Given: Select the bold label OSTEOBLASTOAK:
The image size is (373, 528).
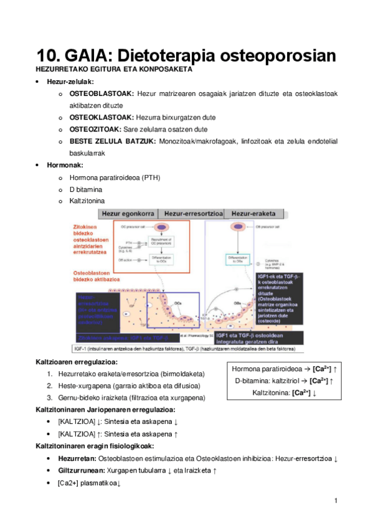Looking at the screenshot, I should click(x=102, y=93).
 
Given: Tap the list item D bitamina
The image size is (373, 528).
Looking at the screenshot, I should click(x=87, y=189).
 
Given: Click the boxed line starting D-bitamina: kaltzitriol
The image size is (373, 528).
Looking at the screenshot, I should click(x=284, y=381).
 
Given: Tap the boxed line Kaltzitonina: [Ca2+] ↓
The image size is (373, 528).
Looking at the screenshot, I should click(x=284, y=393).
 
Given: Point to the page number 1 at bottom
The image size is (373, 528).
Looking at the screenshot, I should click(x=336, y=501).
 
